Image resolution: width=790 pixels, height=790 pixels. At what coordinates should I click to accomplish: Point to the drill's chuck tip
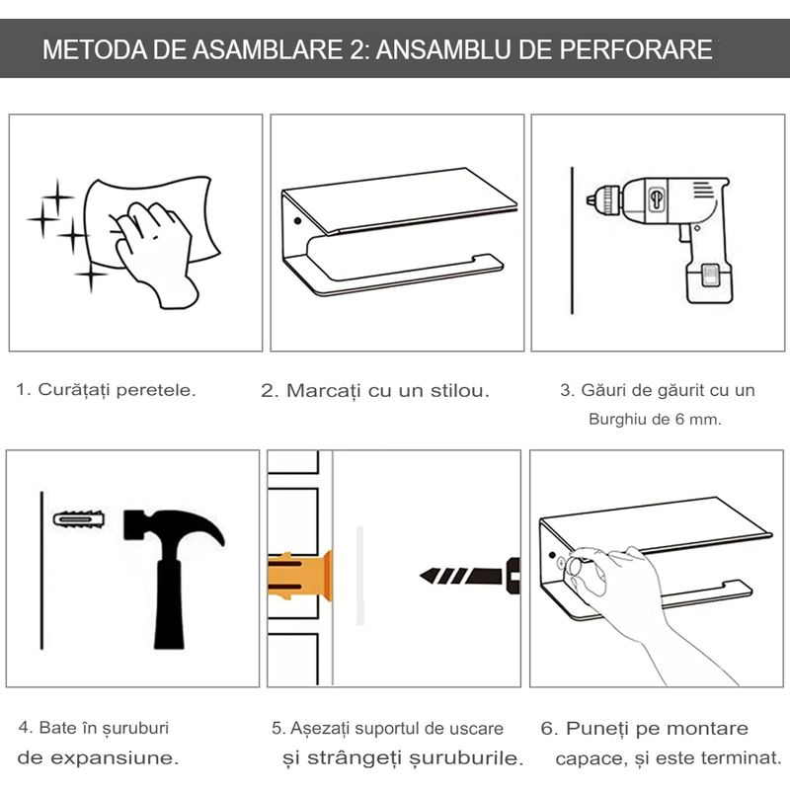589,199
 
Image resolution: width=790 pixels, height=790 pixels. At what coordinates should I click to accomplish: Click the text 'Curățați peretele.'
106,389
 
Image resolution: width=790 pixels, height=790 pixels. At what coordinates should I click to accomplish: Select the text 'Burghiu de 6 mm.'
655,419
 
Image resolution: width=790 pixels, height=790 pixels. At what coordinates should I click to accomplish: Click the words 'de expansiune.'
99,758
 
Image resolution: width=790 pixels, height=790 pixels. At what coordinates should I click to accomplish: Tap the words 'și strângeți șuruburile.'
401,758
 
